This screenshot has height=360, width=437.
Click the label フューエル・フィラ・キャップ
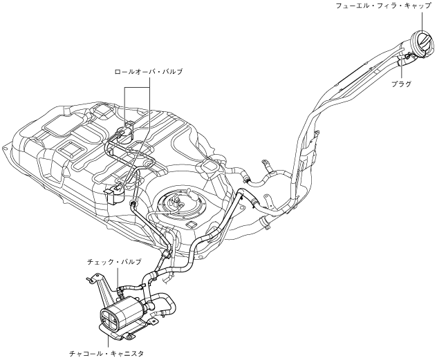point(382,6)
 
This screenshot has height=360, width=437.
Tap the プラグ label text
point(401,84)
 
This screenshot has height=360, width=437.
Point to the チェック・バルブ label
point(114,263)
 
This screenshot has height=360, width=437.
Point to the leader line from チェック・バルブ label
point(118,276)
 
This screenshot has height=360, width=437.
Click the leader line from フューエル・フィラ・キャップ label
point(418,21)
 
